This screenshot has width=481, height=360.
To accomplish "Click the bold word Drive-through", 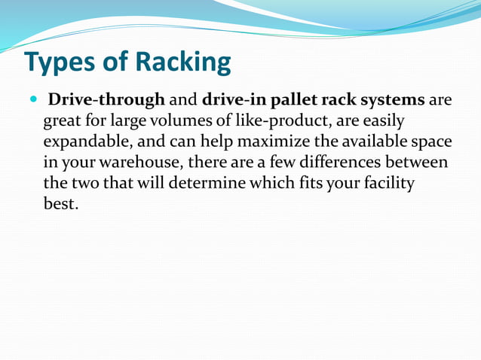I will [x=106, y=100].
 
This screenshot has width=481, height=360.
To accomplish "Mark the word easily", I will [x=384, y=121].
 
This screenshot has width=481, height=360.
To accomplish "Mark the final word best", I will [x=60, y=203].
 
